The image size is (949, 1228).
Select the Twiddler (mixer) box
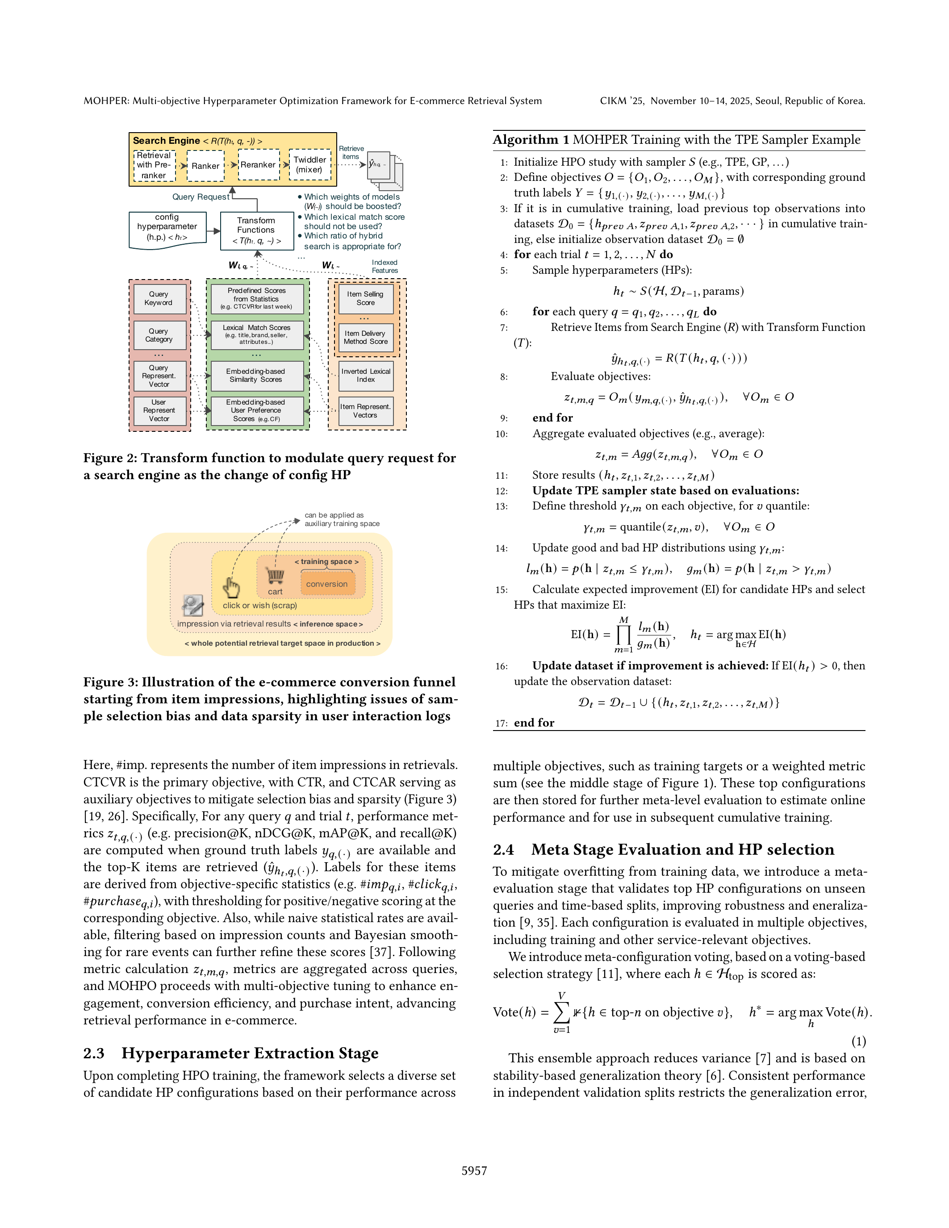tap(310, 165)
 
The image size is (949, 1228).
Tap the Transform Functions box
tap(256, 230)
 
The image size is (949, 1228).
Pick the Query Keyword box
tap(159, 299)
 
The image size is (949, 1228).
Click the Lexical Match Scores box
tap(256, 334)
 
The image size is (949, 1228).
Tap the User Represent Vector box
tap(159, 410)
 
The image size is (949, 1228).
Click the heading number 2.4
tap(503, 850)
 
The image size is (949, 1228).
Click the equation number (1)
tap(858, 1041)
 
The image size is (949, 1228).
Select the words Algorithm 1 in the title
tap(526, 140)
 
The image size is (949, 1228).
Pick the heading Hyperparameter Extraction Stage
tap(250, 1053)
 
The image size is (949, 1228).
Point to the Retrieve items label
tap(351, 153)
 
